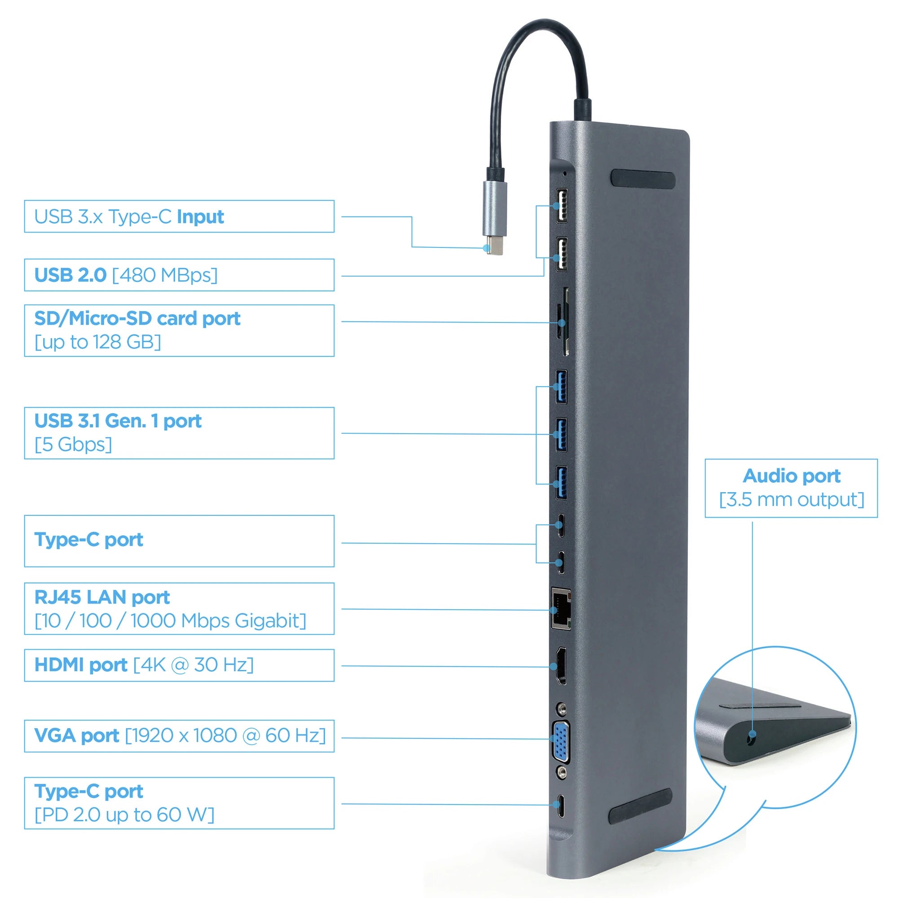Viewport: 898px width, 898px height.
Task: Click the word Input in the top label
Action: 200,217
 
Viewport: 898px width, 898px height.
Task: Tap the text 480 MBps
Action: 164,275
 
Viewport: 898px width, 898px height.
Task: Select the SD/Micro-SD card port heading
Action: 137,318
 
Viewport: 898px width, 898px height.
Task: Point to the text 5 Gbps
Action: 74,445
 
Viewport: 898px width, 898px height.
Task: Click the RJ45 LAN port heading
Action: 102,597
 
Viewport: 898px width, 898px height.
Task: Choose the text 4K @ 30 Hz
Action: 194,665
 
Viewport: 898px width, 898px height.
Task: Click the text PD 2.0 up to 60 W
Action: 124,814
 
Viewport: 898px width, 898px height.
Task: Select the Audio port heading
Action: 791,476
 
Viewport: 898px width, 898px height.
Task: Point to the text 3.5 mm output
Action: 791,500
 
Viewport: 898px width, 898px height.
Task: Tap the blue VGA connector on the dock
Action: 561,742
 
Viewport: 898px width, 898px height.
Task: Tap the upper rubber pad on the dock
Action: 643,179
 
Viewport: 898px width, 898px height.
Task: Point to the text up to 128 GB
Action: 98,342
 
